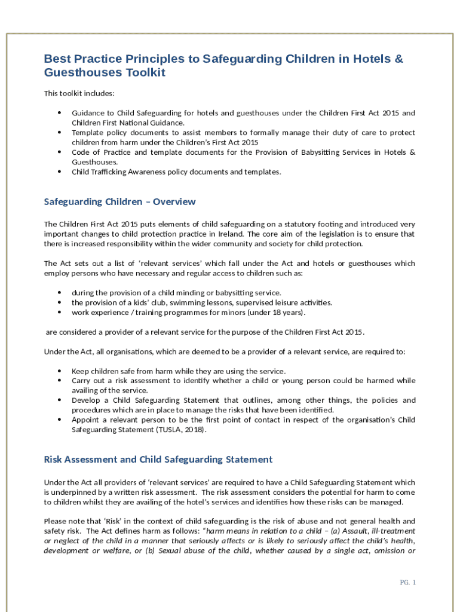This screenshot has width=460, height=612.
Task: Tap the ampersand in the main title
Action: (x=398, y=59)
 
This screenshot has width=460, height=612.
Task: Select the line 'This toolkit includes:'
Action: (x=79, y=93)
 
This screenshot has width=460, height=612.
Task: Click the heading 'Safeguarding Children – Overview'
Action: (x=119, y=201)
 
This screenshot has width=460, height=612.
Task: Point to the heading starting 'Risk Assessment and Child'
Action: (x=158, y=459)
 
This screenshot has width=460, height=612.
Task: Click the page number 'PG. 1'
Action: (x=407, y=583)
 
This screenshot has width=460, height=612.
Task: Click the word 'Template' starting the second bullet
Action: (x=88, y=133)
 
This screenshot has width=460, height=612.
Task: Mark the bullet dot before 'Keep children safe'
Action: (x=60, y=371)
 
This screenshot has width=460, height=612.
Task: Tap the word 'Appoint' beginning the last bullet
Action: (x=85, y=420)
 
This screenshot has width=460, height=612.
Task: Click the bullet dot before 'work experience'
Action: (x=60, y=312)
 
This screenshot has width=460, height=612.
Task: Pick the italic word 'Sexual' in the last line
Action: (x=188, y=551)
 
